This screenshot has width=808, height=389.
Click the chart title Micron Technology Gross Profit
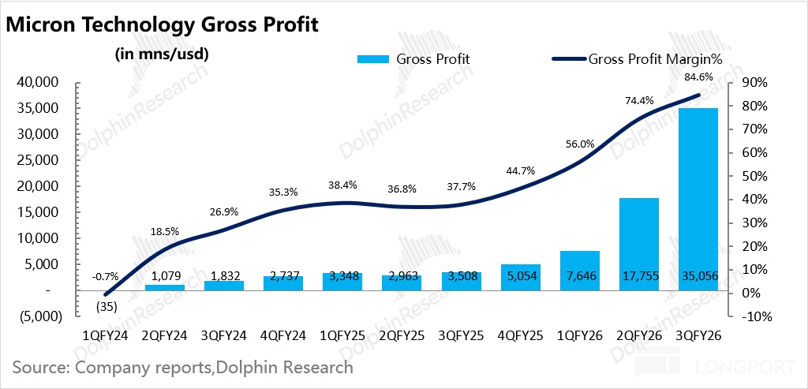tap(162, 26)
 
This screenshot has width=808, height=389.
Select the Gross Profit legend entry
tap(413, 58)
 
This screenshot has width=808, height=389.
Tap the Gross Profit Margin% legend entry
tap(638, 58)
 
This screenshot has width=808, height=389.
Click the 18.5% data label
tap(165, 231)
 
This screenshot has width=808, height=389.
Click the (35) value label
tap(107, 307)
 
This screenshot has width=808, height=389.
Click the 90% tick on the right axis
tap(754, 82)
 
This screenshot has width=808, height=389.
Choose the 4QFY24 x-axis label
tap(283, 336)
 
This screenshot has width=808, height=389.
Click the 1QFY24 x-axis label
tap(106, 336)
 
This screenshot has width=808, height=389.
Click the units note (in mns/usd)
tap(162, 54)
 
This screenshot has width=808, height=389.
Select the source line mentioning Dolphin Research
tap(183, 368)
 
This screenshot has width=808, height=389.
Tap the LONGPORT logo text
tap(745, 367)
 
